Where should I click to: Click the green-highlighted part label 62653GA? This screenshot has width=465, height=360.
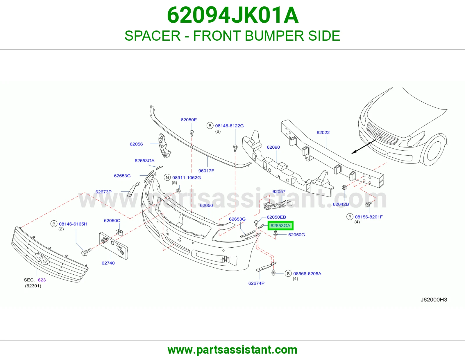280,226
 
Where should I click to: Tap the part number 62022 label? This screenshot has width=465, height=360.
323,133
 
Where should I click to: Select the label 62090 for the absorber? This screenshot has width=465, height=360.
273,147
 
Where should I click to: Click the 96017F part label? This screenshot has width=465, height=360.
206,171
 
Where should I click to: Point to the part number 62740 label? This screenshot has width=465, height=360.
108,263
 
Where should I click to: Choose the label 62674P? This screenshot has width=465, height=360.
256,283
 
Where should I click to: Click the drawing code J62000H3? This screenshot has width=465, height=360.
434,300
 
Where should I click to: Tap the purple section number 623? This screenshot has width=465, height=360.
42,280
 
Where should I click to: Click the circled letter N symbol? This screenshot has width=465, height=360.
167,177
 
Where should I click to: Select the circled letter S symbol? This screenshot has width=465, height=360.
288,273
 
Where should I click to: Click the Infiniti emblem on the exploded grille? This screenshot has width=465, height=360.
42,258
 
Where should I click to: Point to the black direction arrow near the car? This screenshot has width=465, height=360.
364,147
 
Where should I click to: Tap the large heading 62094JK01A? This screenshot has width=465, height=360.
233,15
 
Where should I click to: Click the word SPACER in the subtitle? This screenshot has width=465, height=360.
153,36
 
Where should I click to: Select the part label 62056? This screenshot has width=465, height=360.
136,144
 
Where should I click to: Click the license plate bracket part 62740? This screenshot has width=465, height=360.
113,246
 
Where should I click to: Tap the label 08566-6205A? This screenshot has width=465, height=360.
307,274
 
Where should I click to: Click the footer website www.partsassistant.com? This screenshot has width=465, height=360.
233,350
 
